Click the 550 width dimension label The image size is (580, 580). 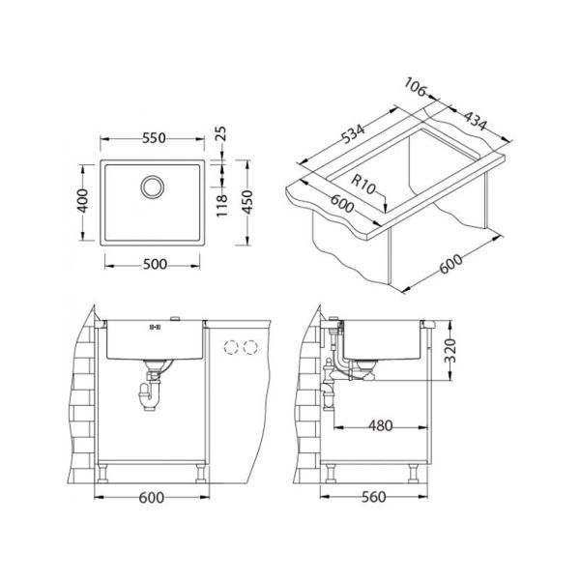[154, 138]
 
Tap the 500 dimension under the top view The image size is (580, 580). [155, 265]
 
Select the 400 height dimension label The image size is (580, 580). [83, 201]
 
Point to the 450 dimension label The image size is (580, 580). [247, 202]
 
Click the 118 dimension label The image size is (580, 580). [221, 206]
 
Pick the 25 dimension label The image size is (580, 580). [220, 134]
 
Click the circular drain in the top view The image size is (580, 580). [153, 187]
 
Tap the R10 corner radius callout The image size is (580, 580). [362, 185]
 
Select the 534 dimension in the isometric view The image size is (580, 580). [353, 133]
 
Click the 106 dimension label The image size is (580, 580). [415, 87]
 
